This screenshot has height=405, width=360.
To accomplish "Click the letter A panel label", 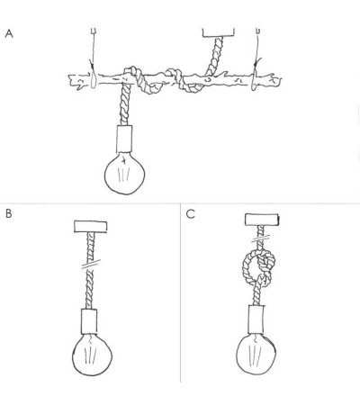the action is pyautogui.click(x=9, y=33).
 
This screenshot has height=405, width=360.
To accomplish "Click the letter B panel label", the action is pyautogui.click(x=9, y=213).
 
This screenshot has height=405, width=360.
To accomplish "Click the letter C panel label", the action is pyautogui.click(x=190, y=214).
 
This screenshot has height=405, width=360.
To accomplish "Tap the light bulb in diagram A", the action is pyautogui.click(x=124, y=173).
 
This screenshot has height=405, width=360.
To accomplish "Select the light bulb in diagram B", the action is pyautogui.click(x=92, y=355).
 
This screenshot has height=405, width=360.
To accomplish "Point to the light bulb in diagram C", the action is pyautogui.click(x=256, y=354).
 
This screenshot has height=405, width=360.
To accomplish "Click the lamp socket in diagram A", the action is pyautogui.click(x=124, y=139).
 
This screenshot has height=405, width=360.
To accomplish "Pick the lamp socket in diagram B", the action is pyautogui.click(x=89, y=321).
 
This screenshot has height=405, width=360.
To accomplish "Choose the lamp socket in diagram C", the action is pyautogui.click(x=256, y=319).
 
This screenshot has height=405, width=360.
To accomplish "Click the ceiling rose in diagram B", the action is pyautogui.click(x=91, y=227).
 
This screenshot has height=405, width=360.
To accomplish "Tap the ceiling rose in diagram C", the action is pyautogui.click(x=262, y=220).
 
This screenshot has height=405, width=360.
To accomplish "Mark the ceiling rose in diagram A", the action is pyautogui.click(x=219, y=32).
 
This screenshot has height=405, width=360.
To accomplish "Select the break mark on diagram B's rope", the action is pyautogui.click(x=91, y=265).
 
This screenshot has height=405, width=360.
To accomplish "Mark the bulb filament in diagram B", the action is pyautogui.click(x=90, y=353).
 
